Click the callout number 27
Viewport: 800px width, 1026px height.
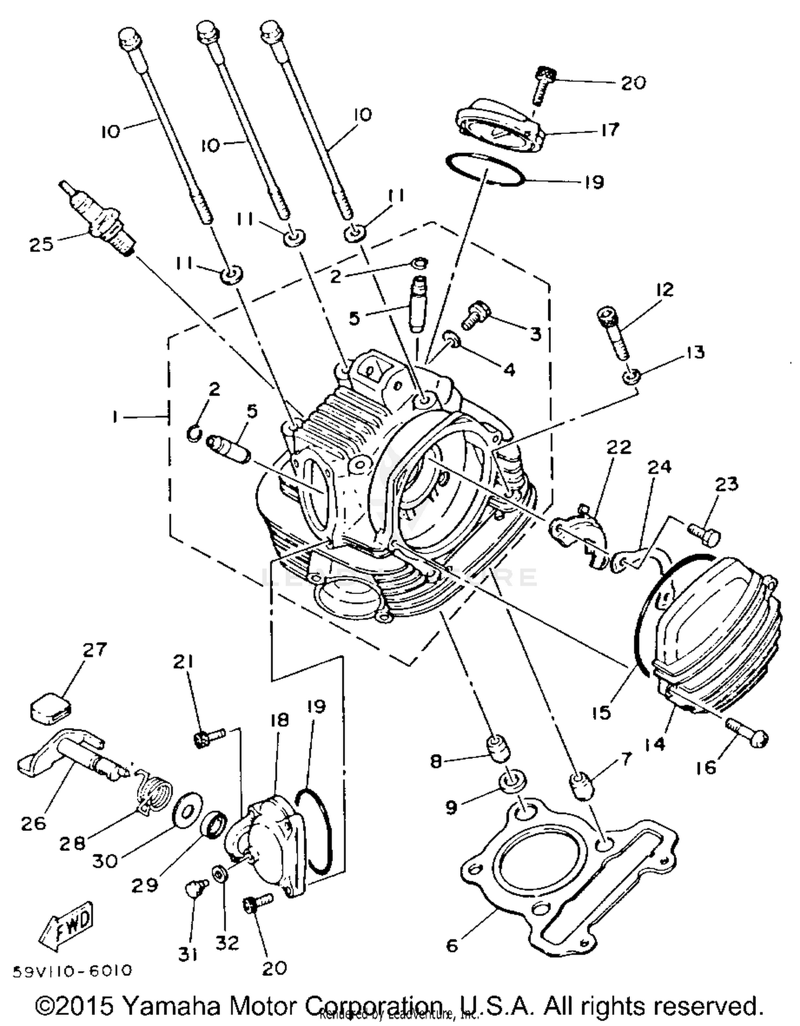94,650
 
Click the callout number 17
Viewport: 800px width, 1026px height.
610,130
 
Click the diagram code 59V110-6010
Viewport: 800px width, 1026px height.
72,970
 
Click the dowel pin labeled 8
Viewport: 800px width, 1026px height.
498,747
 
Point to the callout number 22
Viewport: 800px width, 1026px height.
619,447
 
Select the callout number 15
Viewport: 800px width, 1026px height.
602,713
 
